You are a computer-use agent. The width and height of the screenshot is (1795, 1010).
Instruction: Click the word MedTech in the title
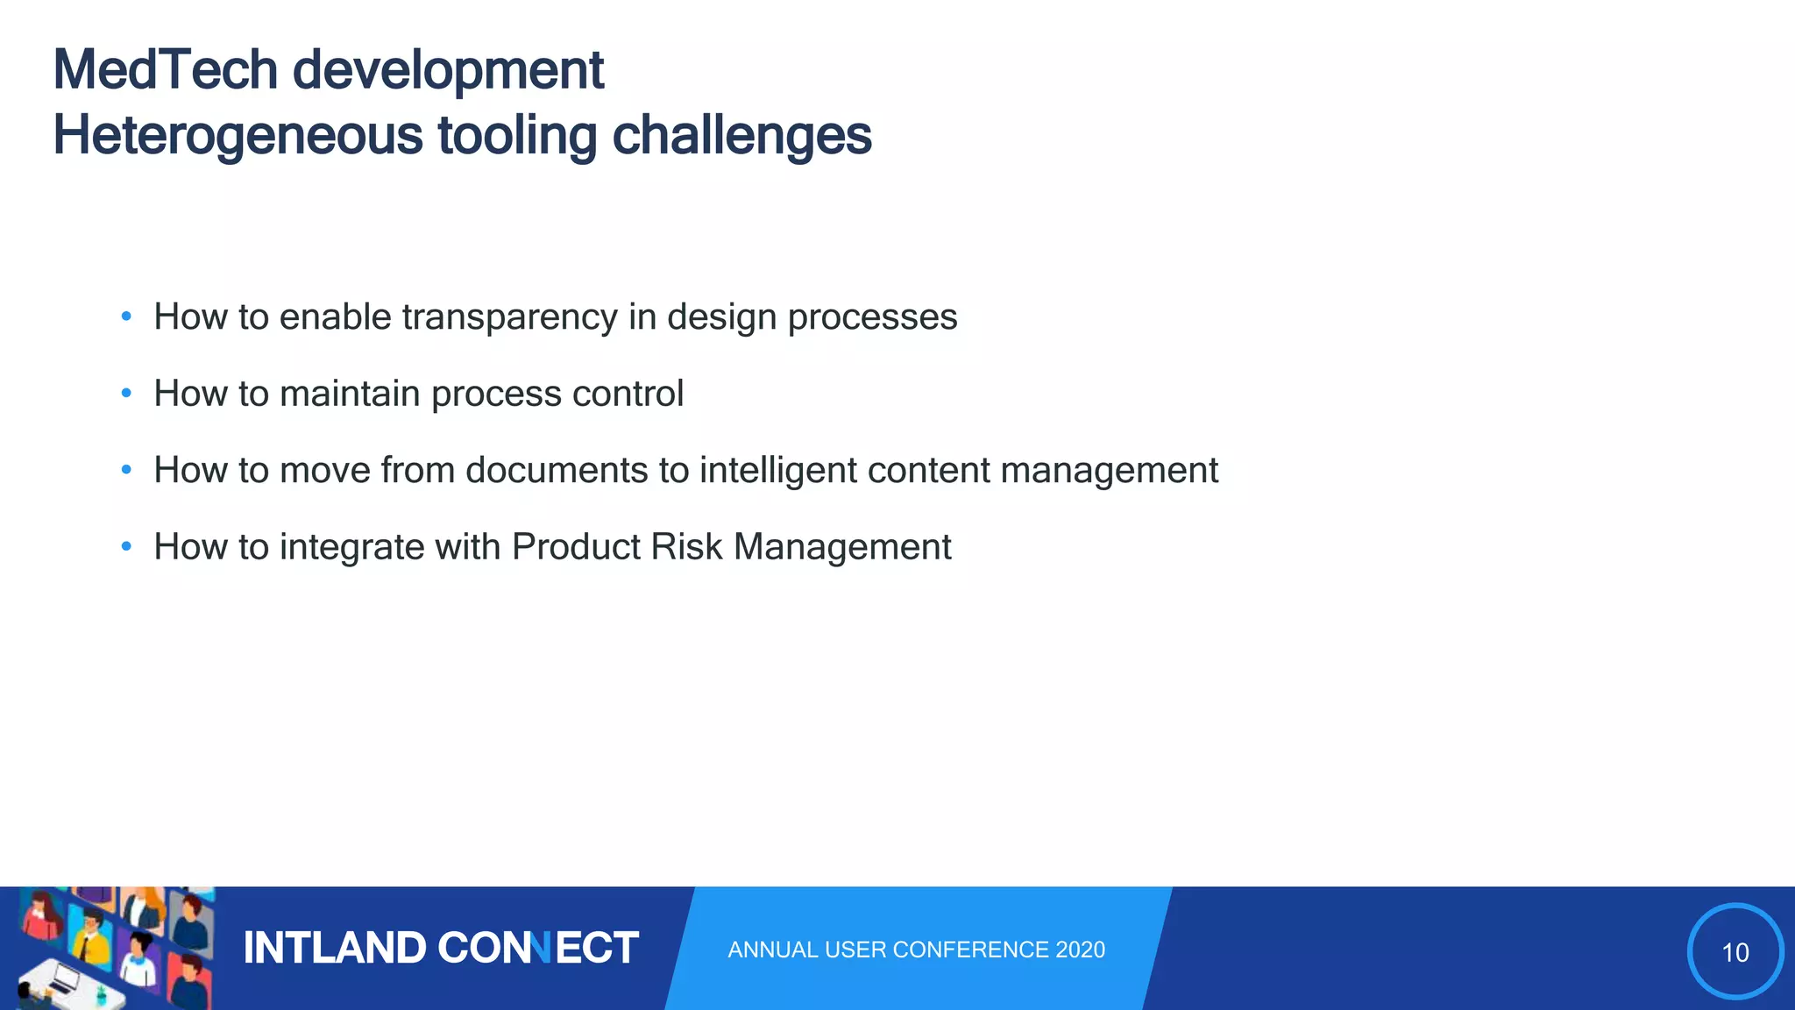tap(166, 70)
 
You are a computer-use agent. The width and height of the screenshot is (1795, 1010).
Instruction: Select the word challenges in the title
tap(741, 136)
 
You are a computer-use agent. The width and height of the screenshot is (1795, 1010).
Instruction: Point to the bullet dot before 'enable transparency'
tap(126, 317)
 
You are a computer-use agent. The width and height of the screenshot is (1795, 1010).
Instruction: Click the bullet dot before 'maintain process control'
tap(126, 394)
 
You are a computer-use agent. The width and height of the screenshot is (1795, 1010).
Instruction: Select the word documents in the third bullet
tap(557, 471)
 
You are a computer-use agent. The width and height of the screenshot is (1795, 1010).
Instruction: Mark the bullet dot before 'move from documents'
tap(126, 471)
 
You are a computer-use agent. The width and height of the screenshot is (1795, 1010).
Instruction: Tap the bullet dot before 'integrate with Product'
tap(126, 547)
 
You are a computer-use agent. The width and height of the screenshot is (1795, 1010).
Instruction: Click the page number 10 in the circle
tap(1735, 952)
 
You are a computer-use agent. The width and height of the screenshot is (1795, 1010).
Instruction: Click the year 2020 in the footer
tap(1081, 950)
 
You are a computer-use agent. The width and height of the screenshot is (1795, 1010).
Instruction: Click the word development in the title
tap(448, 70)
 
